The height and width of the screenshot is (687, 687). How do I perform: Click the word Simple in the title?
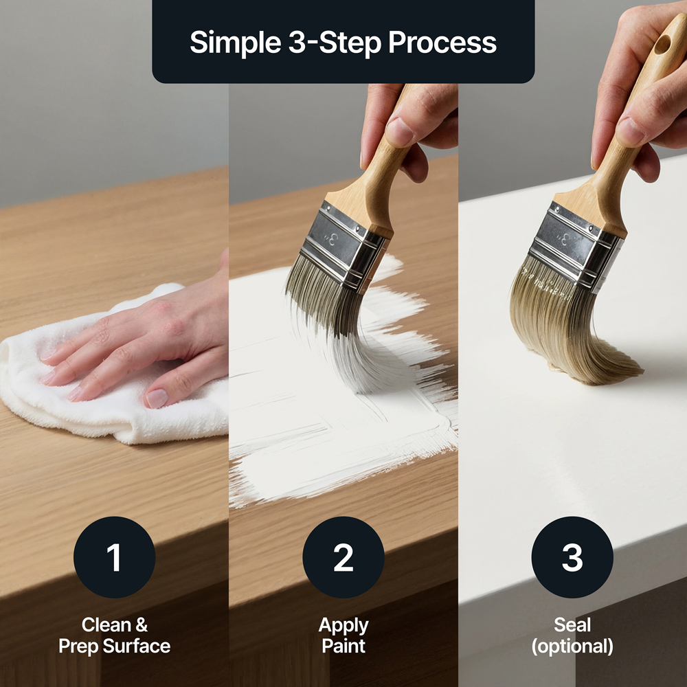pyautogui.click(x=235, y=43)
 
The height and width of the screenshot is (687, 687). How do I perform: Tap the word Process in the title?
pyautogui.click(x=442, y=43)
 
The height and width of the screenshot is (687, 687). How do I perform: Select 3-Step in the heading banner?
pyautogui.click(x=335, y=43)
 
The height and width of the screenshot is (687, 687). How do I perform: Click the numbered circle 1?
pyautogui.click(x=114, y=557)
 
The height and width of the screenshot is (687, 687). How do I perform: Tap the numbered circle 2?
pyautogui.click(x=343, y=557)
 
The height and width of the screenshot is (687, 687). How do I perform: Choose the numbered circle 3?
pyautogui.click(x=572, y=557)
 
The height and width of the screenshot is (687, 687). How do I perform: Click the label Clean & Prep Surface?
pyautogui.click(x=114, y=635)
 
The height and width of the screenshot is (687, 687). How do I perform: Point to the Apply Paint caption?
pyautogui.click(x=343, y=635)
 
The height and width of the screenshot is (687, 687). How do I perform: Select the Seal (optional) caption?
pyautogui.click(x=572, y=635)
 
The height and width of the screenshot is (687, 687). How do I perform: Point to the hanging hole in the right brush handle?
pyautogui.click(x=662, y=44)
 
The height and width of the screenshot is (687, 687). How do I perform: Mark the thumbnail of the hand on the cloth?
pyautogui.click(x=157, y=398)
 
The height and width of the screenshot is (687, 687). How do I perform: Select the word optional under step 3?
pyautogui.click(x=572, y=646)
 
